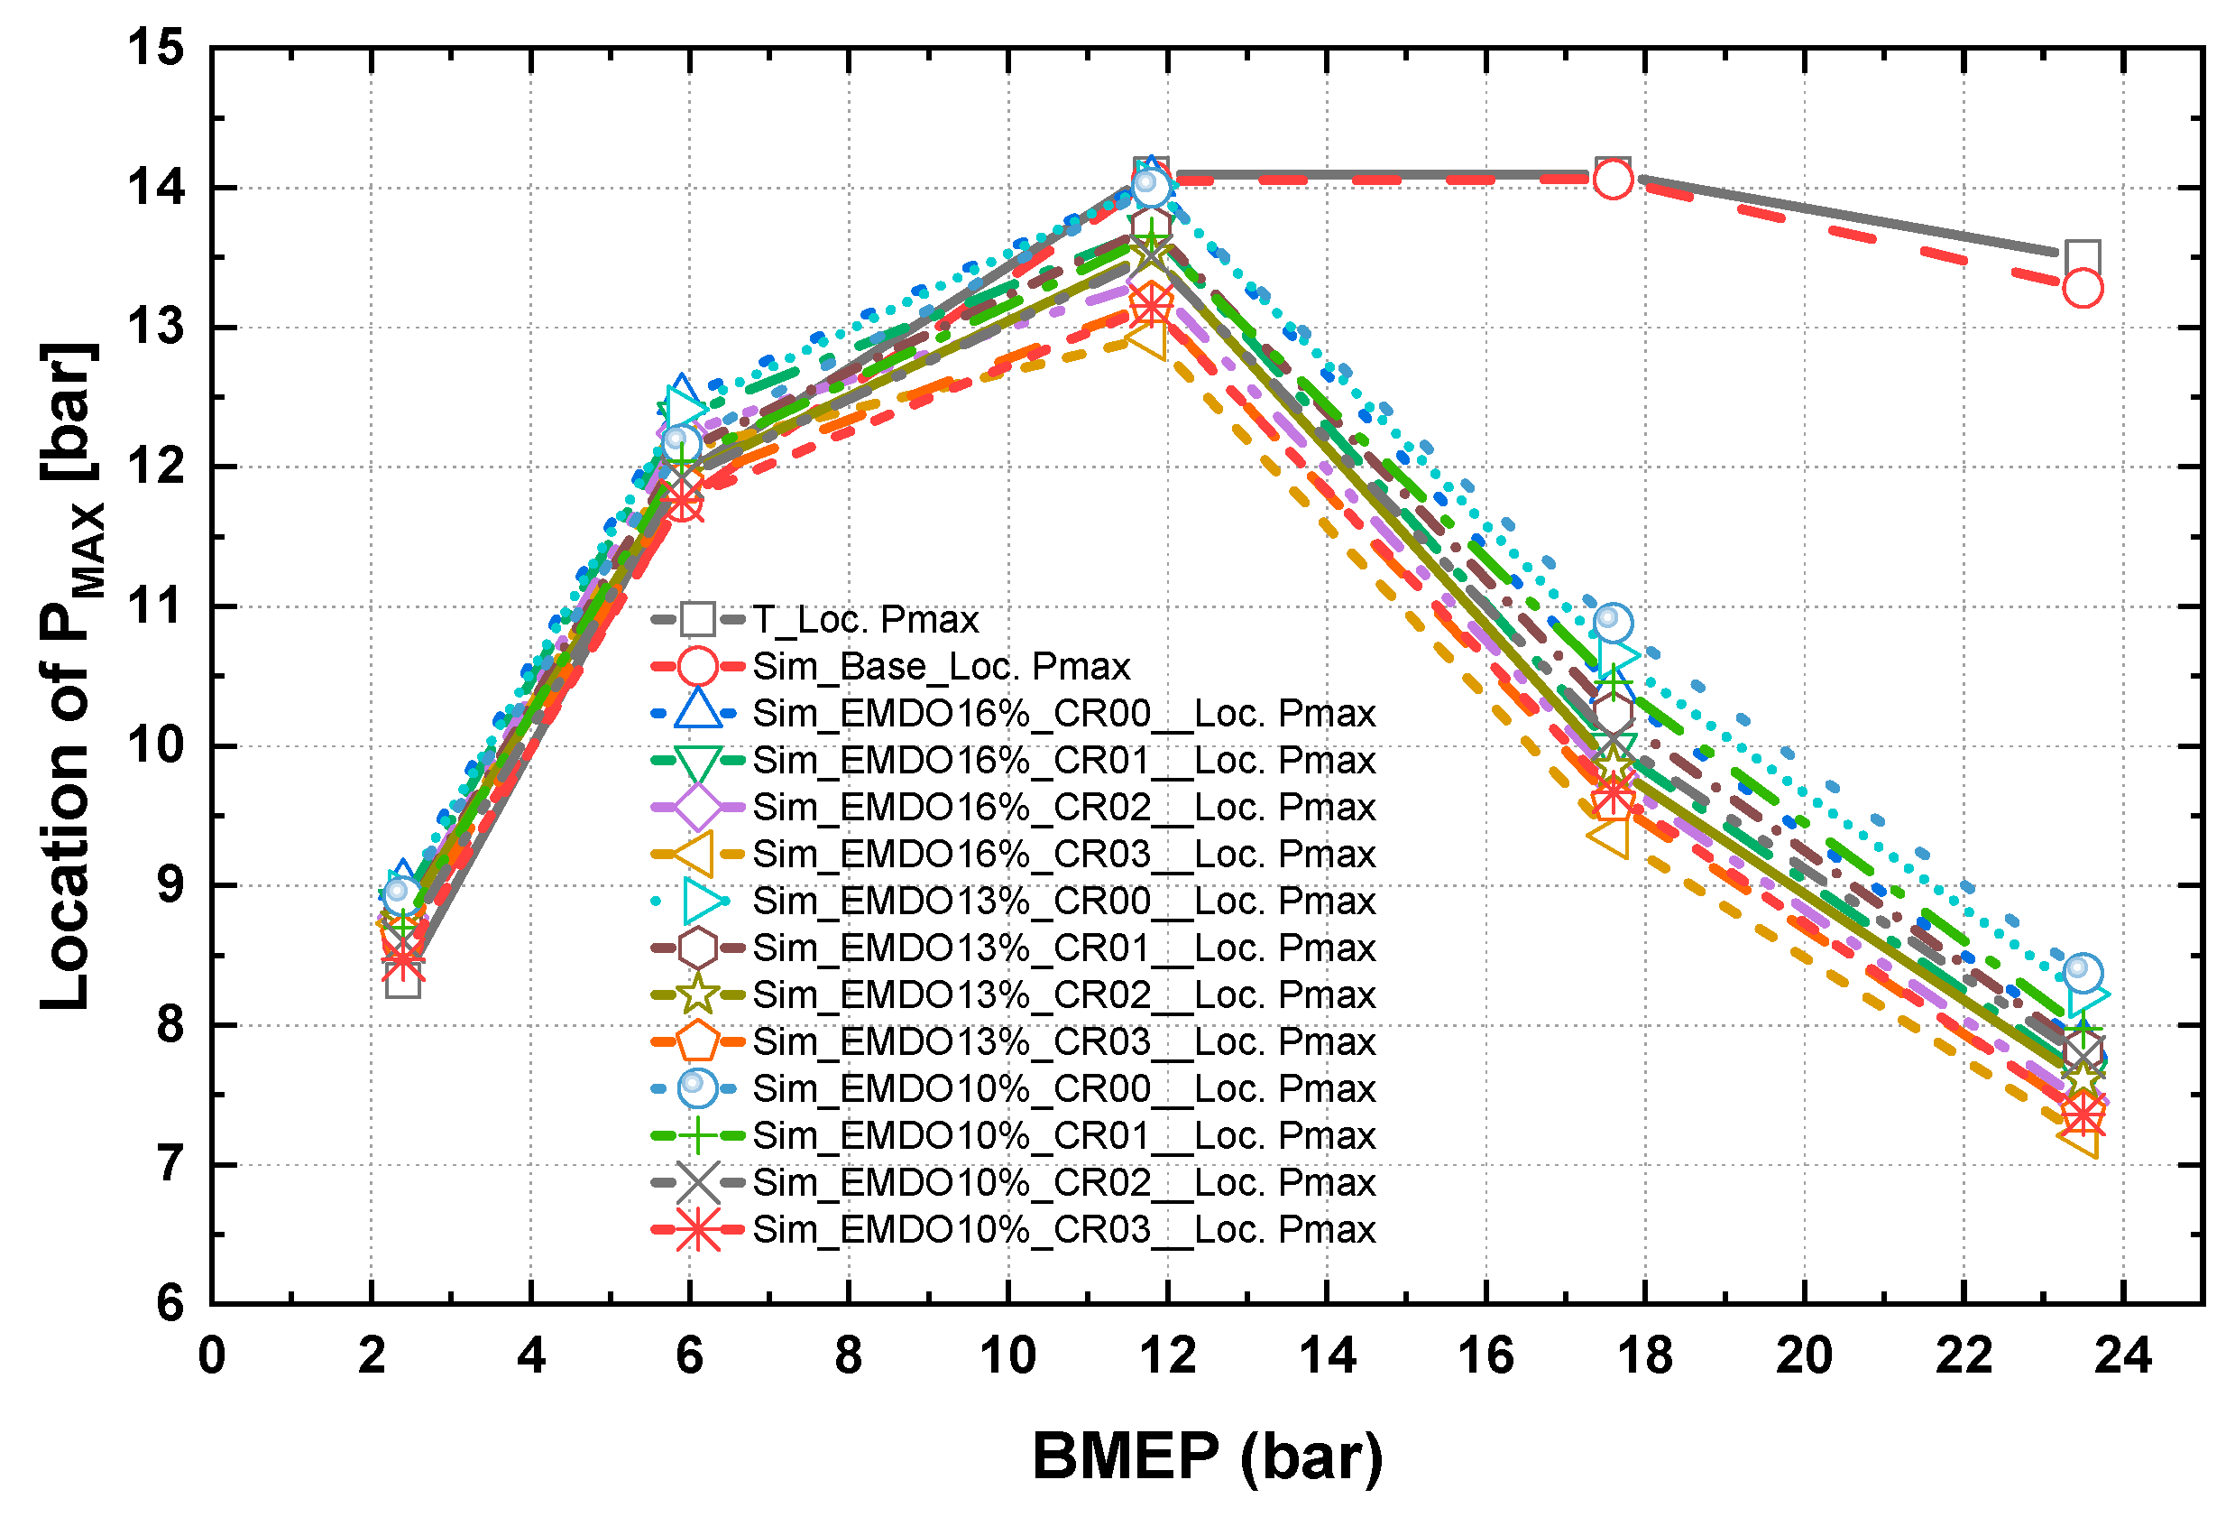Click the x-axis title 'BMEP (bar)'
1206,1456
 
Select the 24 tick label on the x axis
2121,1356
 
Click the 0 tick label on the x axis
212,1356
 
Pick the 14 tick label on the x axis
1326,1356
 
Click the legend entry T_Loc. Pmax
865,619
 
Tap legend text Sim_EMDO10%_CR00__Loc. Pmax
1062,1089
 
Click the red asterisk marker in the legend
697,1229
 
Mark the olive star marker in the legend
697,994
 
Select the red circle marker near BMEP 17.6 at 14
1613,179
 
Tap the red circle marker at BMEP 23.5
2082,288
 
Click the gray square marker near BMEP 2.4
403,982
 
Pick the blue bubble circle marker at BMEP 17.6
1613,624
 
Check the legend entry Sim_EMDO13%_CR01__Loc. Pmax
1062,948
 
